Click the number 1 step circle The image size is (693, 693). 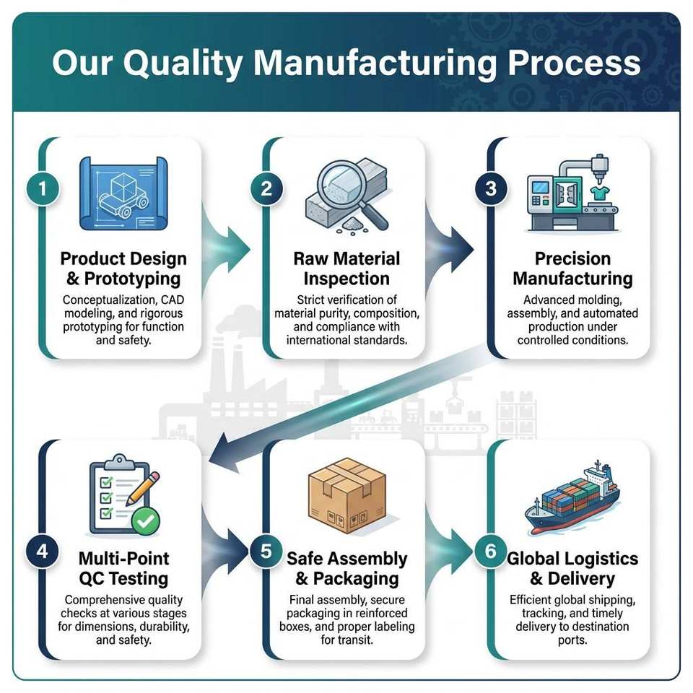point(43,189)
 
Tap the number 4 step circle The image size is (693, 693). point(43,551)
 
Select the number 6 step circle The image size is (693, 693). point(491,551)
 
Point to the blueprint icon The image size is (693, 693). point(123,193)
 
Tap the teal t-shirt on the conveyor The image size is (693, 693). point(600,193)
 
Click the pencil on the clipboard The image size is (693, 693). point(143,489)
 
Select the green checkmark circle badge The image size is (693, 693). point(146,521)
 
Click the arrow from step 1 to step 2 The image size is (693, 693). point(225,249)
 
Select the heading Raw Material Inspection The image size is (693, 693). point(346,269)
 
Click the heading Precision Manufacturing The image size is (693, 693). point(572,269)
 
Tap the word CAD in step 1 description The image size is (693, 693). point(173,300)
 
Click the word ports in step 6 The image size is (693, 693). point(572,640)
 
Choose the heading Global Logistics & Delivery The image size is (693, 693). point(572,568)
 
